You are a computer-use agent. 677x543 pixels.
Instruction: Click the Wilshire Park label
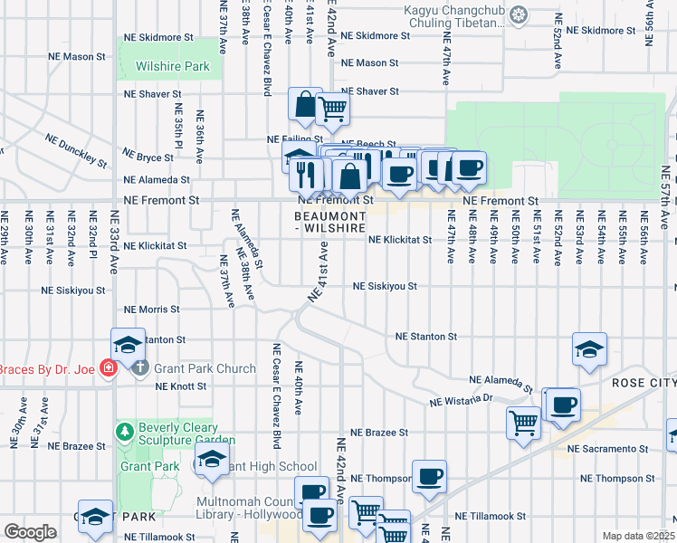tap(172, 66)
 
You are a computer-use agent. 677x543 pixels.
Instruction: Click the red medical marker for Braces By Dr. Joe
tap(109, 368)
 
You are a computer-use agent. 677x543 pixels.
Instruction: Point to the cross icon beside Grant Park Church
tap(138, 368)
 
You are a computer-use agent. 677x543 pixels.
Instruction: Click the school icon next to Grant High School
tap(212, 461)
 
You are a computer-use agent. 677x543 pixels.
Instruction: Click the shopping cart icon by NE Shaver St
tap(333, 109)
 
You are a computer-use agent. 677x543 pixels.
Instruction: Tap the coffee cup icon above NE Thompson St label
tap(429, 476)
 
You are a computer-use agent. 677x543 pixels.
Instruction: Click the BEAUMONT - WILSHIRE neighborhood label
tap(330, 223)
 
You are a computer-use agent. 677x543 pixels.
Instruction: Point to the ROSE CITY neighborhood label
tap(643, 383)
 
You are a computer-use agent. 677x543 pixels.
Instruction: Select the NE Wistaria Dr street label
tap(461, 398)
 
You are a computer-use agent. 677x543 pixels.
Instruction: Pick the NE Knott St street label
tap(181, 386)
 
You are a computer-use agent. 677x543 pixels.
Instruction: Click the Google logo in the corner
tap(31, 532)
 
